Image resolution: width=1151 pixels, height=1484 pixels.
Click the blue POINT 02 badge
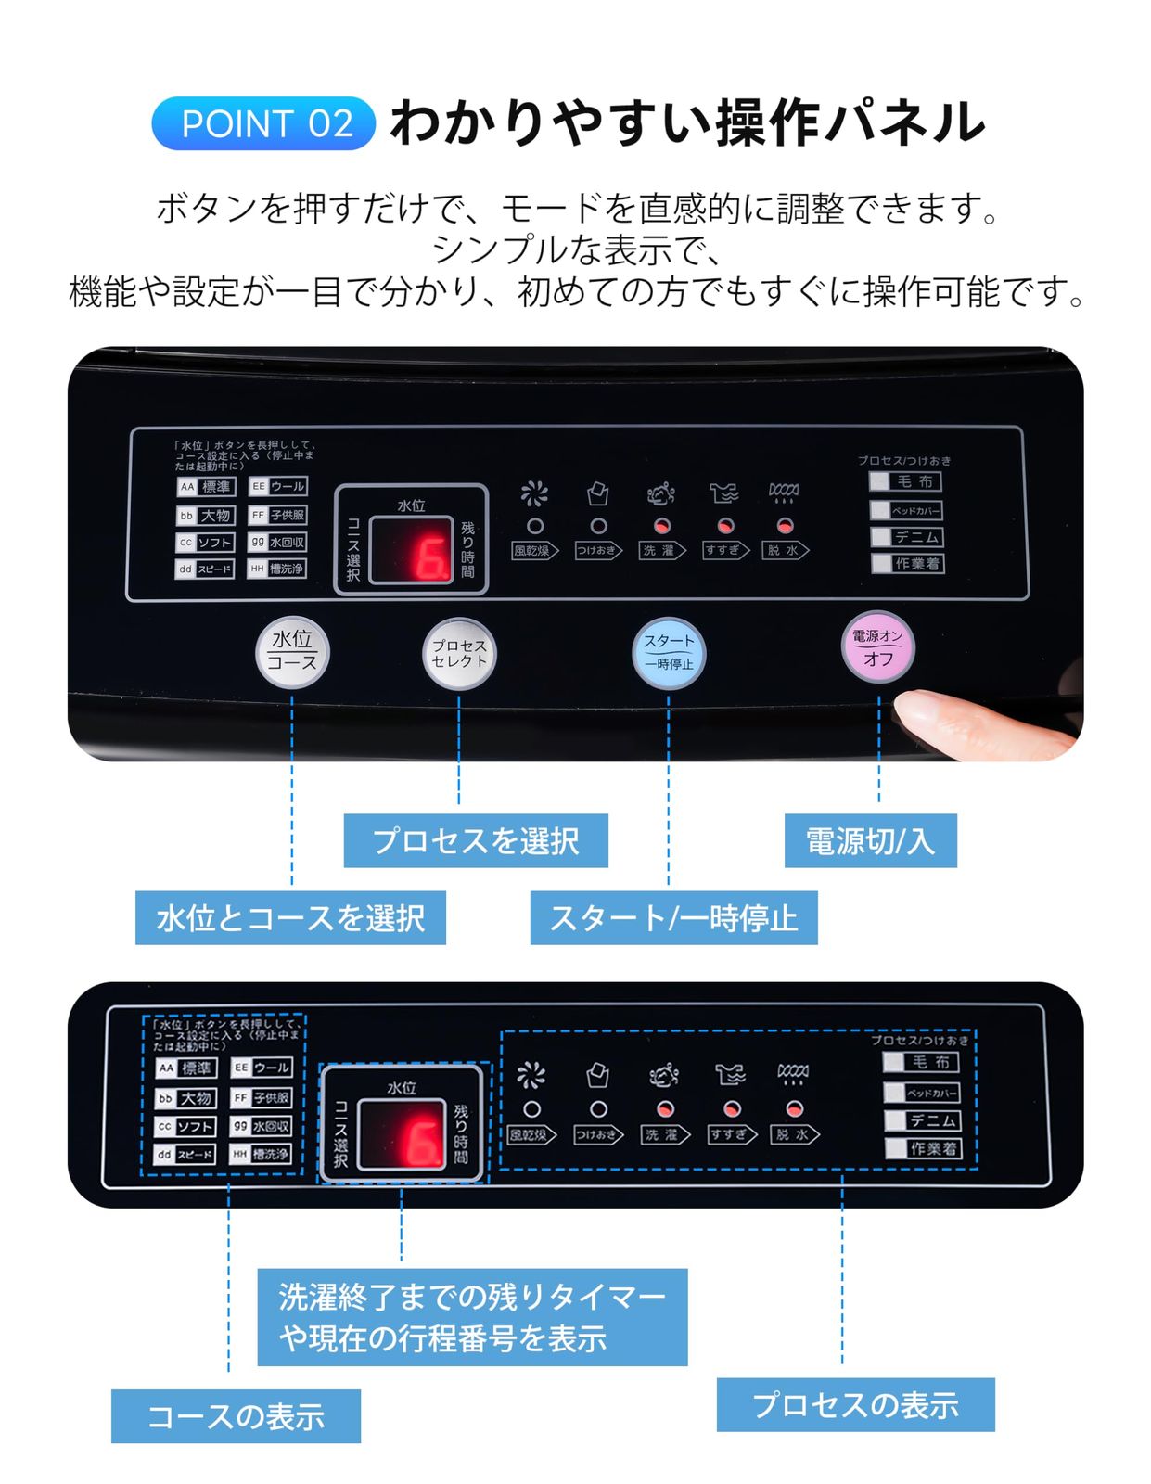click(263, 123)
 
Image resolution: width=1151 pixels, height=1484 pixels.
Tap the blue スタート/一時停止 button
click(668, 652)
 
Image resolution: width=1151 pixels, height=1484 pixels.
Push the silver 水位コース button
click(292, 652)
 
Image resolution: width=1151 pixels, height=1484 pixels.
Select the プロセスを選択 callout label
click(475, 840)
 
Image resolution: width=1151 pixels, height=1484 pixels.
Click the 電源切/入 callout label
click(869, 840)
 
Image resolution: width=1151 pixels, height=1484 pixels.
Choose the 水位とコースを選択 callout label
click(290, 917)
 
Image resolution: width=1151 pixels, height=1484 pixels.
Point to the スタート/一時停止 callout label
click(673, 917)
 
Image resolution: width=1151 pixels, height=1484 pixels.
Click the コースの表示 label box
click(236, 1415)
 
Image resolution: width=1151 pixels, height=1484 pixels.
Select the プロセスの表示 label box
click(855, 1403)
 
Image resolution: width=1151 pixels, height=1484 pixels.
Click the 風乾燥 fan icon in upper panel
click(534, 493)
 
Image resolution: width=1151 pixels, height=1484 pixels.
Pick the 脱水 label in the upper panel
click(785, 550)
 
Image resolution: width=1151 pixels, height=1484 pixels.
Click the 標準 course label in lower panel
click(196, 1068)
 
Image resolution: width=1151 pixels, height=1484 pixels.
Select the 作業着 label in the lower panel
click(932, 1148)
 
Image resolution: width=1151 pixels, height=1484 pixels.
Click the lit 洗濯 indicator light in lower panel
click(664, 1108)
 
